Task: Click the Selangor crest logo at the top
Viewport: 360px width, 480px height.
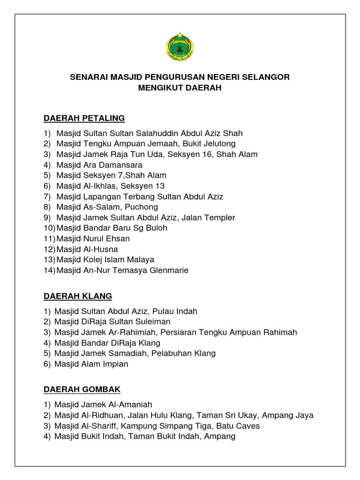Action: point(180,46)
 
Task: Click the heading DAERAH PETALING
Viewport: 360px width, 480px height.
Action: point(84,118)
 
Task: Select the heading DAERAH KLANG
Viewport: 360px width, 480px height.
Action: point(78,296)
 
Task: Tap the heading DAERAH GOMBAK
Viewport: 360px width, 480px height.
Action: point(82,389)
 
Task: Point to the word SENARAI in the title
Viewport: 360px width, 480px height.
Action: point(88,77)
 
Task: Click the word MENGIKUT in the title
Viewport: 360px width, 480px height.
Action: point(158,88)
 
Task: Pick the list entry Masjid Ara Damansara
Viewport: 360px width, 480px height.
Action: point(99,165)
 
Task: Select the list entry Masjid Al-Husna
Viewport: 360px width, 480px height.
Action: point(87,249)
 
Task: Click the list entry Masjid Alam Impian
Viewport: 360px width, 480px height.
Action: point(91,364)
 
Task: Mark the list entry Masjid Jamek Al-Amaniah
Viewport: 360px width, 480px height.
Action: point(103,405)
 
